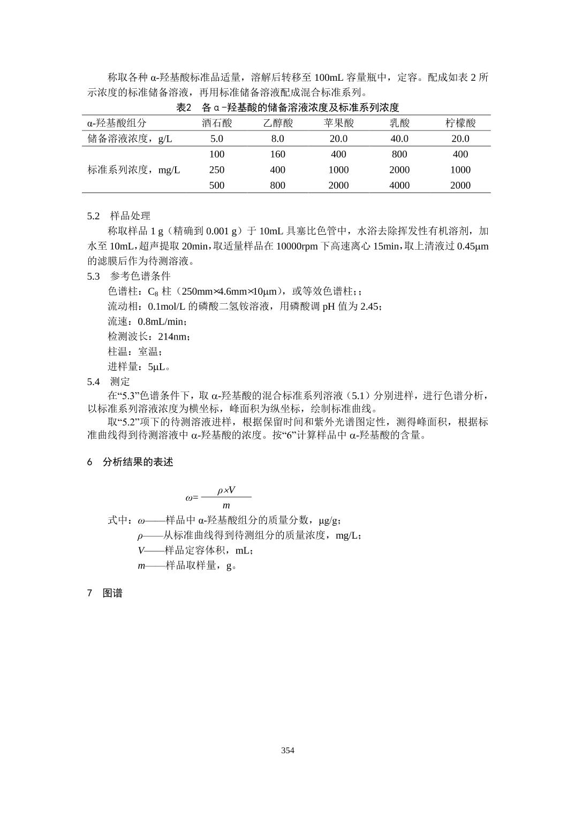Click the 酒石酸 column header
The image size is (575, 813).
tap(217, 123)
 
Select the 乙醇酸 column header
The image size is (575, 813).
tap(278, 123)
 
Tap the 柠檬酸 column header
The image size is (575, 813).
tap(460, 123)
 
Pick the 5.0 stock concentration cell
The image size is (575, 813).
tap(217, 139)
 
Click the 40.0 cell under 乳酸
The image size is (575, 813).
tap(399, 139)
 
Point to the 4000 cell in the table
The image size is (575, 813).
tap(399, 185)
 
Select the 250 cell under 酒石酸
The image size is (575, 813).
tap(217, 170)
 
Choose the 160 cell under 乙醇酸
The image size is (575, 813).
tap(278, 154)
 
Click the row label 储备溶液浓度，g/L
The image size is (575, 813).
tap(130, 139)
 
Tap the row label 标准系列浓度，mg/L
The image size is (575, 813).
tap(134, 170)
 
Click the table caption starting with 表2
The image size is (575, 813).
tap(287, 108)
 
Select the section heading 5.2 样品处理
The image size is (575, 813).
tap(119, 216)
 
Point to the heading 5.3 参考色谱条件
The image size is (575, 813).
tap(128, 276)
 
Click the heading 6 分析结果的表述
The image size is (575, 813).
tap(130, 462)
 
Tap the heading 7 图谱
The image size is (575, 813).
tap(105, 593)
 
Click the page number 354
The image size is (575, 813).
tap(287, 750)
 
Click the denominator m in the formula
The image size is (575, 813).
tap(226, 505)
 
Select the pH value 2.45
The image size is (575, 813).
tap(369, 306)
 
